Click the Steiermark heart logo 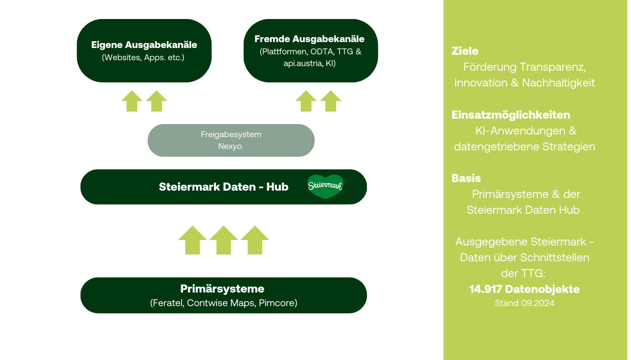tap(325, 187)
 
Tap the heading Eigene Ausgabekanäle tap(144, 45)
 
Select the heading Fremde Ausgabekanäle tap(309, 39)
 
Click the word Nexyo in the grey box tap(230, 146)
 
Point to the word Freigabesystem tap(231, 134)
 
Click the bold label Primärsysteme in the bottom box tap(222, 288)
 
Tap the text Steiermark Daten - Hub tap(223, 187)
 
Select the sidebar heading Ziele tap(465, 51)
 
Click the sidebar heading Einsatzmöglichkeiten tap(511, 115)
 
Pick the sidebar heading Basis tap(466, 178)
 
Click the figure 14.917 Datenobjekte tap(525, 289)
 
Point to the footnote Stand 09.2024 tap(525, 303)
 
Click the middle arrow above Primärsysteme tap(224, 240)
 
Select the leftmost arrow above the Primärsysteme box tap(193, 240)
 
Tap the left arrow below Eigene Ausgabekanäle tap(132, 101)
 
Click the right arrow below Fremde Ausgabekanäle tap(331, 101)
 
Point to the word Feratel tap(168, 303)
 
